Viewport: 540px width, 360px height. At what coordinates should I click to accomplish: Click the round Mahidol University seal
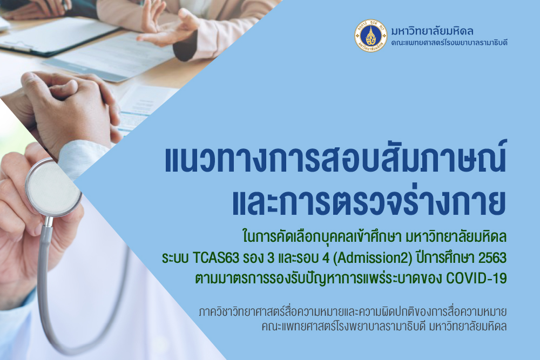(370, 36)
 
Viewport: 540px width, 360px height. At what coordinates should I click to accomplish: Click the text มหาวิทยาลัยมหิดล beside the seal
(432, 31)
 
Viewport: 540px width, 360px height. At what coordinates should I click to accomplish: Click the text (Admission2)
(373, 258)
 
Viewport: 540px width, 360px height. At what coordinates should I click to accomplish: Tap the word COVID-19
(476, 278)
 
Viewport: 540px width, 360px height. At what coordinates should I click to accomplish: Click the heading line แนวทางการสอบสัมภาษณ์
(336, 159)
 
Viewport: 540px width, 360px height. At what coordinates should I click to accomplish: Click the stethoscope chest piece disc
(53, 188)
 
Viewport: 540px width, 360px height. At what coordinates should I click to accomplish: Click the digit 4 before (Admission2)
(326, 258)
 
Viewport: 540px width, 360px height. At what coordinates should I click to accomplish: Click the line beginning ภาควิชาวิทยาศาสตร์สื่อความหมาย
(353, 312)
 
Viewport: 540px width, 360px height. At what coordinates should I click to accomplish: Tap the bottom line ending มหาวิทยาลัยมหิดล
(384, 327)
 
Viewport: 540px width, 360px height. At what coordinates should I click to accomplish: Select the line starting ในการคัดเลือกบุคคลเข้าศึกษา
(374, 237)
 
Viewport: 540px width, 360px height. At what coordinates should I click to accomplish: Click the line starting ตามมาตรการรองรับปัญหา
(351, 278)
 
